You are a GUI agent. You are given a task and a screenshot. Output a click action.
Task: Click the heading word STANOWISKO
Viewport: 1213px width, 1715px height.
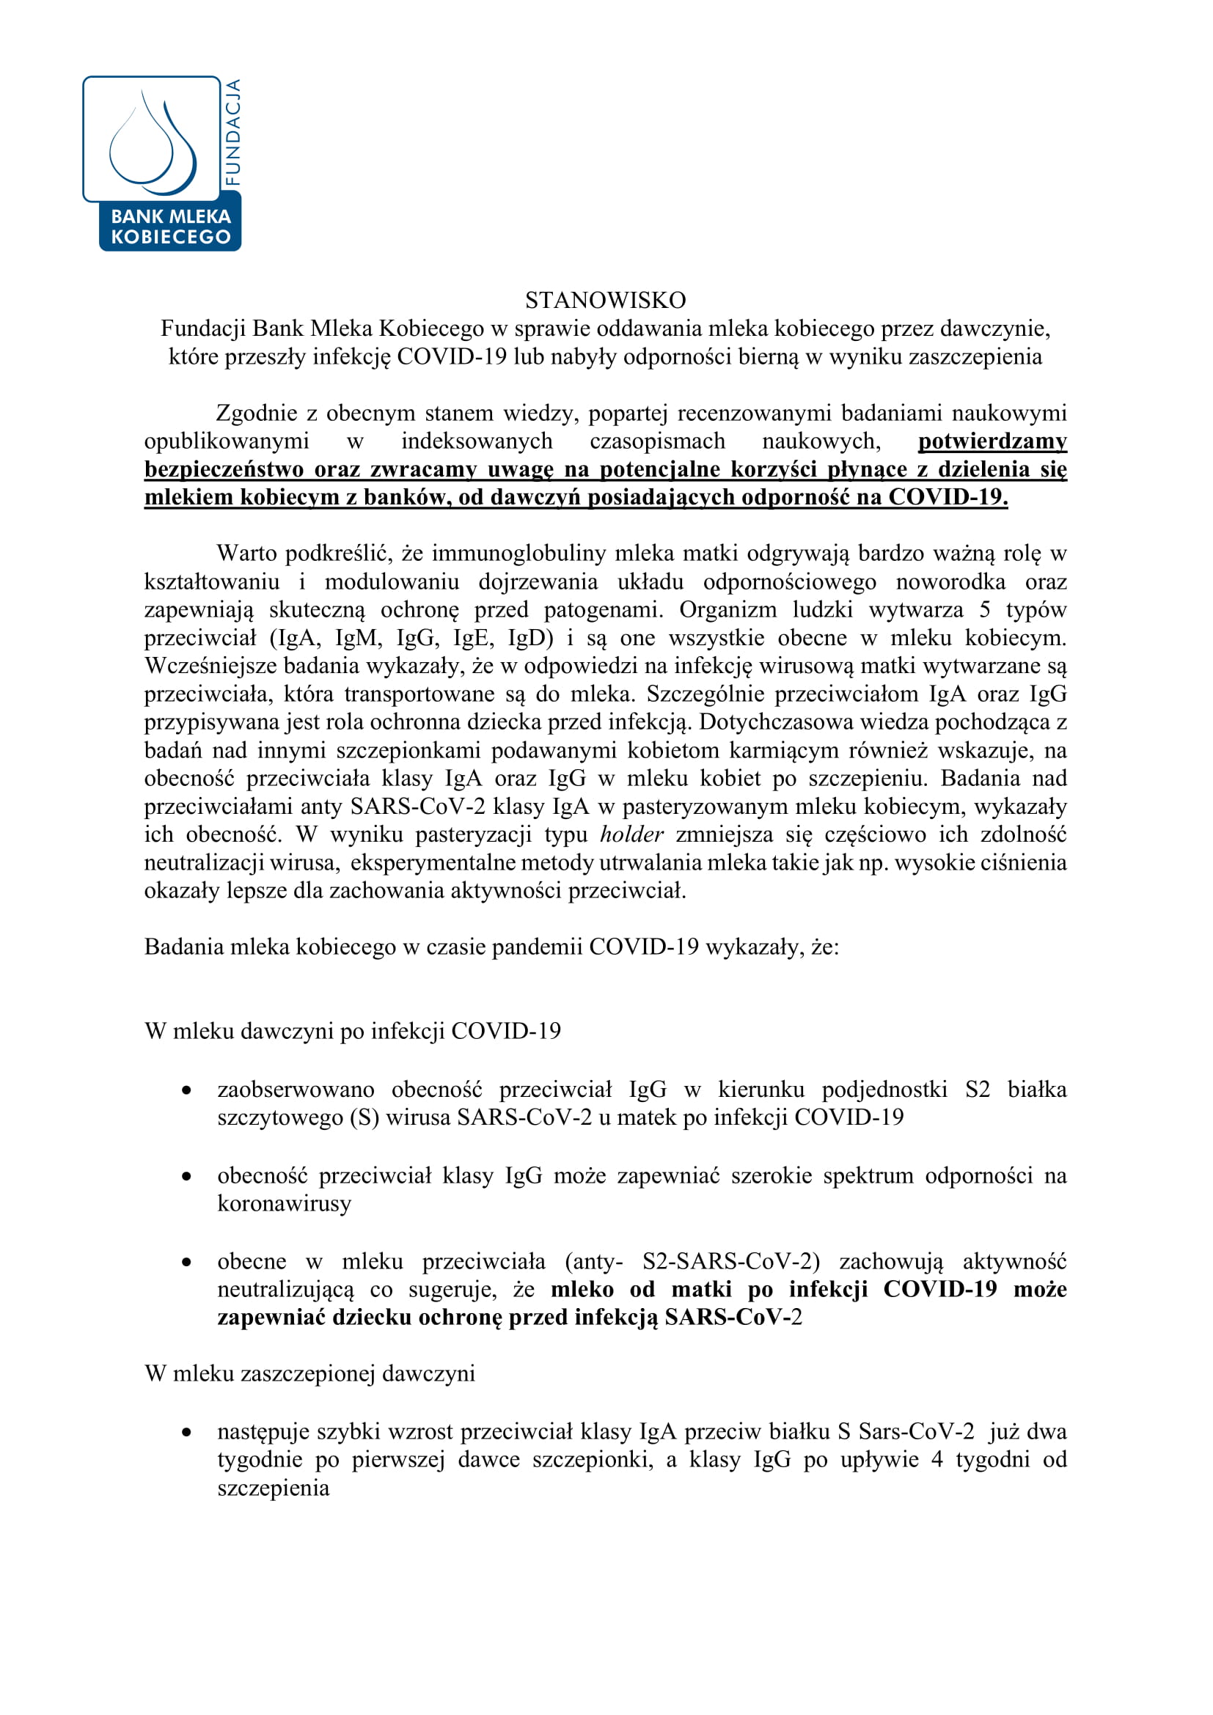pos(605,301)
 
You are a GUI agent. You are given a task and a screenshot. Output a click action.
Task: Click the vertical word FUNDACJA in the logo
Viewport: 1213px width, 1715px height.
pos(233,132)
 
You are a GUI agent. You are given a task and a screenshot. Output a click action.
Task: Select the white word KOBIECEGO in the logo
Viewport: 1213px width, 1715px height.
pos(171,238)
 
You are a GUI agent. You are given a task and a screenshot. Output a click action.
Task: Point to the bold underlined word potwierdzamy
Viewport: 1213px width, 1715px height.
pos(992,441)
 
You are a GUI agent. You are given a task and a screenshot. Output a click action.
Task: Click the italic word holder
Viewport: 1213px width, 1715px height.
pos(632,834)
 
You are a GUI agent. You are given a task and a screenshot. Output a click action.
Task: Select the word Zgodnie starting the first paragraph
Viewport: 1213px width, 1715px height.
pos(256,413)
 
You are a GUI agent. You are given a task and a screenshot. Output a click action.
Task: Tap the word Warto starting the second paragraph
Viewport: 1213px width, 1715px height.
pos(246,554)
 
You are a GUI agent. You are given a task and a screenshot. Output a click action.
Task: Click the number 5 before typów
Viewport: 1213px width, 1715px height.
pos(984,609)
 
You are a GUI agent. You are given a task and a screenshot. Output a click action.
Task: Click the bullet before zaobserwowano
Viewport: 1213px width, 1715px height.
pos(187,1091)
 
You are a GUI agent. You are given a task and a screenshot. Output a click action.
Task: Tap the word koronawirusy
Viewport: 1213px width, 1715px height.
pos(284,1203)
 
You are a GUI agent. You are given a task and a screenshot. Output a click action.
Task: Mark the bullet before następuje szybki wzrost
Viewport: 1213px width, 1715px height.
pos(187,1433)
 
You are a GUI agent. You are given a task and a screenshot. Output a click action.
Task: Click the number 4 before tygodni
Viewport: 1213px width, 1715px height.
pos(936,1460)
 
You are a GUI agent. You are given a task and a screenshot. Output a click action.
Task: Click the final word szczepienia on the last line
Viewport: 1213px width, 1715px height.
pos(274,1488)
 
